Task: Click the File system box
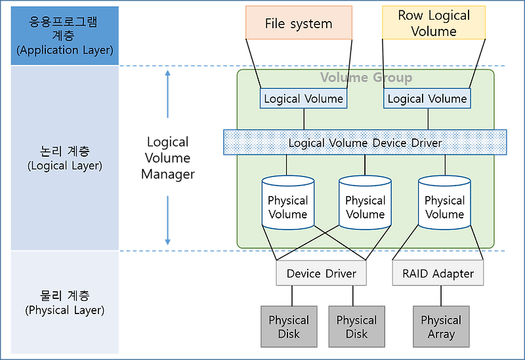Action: (x=299, y=24)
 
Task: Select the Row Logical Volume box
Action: (x=434, y=24)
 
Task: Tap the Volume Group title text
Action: (x=366, y=78)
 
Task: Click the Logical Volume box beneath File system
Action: (x=303, y=99)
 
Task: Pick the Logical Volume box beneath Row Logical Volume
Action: (x=427, y=99)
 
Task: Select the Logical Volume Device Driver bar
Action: (x=365, y=143)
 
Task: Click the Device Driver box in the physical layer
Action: (x=321, y=273)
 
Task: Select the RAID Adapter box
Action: (x=438, y=273)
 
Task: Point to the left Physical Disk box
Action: (x=288, y=327)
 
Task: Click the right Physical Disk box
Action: (x=356, y=327)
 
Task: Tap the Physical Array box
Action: (x=441, y=327)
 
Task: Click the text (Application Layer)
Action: (x=65, y=50)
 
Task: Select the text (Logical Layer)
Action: (x=65, y=166)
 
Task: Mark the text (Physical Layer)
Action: (x=65, y=310)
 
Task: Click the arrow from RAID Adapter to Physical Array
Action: (x=439, y=296)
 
